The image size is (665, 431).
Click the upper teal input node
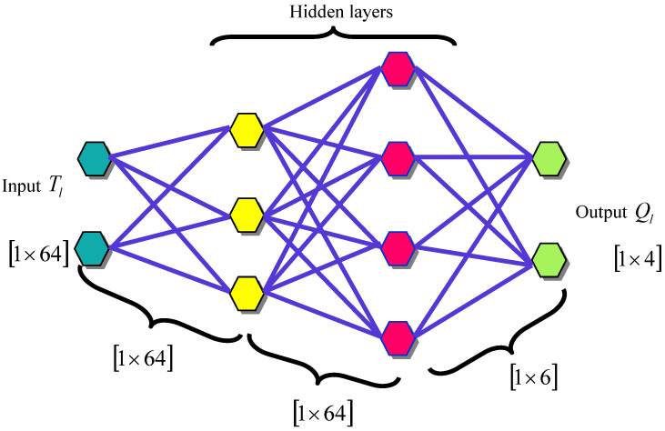tap(93, 159)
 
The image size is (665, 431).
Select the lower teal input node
tap(93, 246)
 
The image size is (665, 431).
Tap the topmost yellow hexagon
tap(247, 130)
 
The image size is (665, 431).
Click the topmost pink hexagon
tap(398, 69)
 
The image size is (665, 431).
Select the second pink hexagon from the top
tap(398, 158)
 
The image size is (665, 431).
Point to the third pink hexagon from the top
tap(398, 246)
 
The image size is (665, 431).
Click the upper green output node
tap(549, 159)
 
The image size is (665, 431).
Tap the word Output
tap(595, 214)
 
